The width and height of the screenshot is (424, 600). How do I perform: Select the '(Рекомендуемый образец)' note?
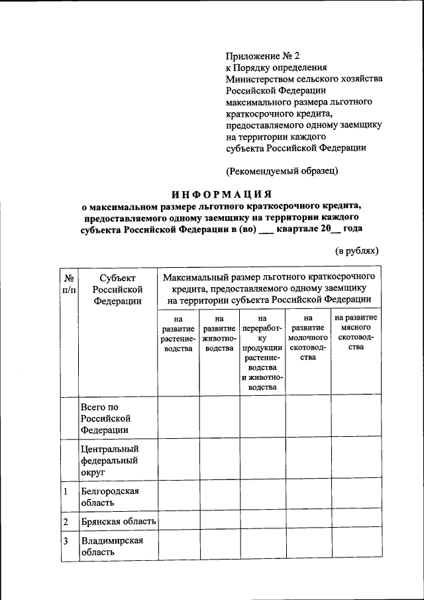pyautogui.click(x=282, y=170)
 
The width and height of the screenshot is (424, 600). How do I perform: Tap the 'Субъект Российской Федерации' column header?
pyautogui.click(x=118, y=289)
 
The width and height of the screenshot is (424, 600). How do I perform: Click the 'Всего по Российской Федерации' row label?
pyautogui.click(x=105, y=418)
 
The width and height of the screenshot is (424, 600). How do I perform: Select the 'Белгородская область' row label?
pyautogui.click(x=109, y=497)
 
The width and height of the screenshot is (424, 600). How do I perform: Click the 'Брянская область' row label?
pyautogui.click(x=118, y=522)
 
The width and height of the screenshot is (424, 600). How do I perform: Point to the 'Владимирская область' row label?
pyautogui.click(x=111, y=546)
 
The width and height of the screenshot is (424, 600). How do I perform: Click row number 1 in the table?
pyautogui.click(x=66, y=492)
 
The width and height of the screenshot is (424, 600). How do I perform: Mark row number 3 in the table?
pyautogui.click(x=66, y=540)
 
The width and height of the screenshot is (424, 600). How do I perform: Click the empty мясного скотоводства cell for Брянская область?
pyautogui.click(x=356, y=522)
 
